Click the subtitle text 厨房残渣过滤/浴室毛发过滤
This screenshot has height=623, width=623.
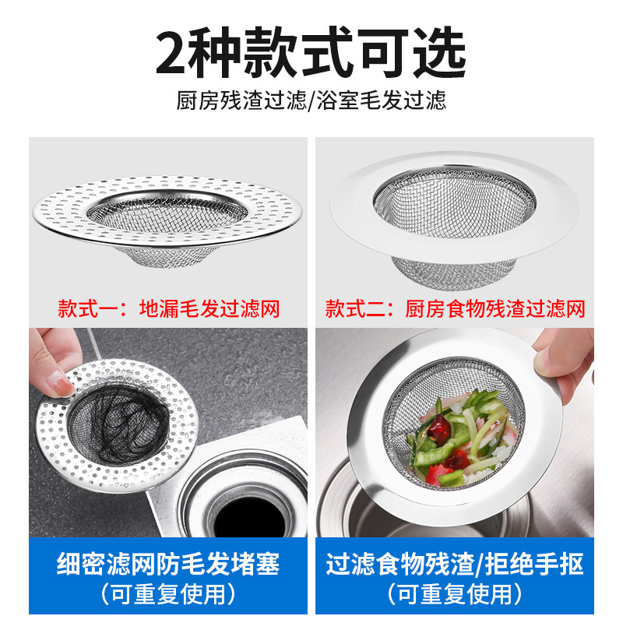tap(311, 100)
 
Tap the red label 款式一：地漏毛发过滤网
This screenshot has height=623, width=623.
tap(168, 308)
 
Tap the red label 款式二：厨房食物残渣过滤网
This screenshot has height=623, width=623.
tap(455, 308)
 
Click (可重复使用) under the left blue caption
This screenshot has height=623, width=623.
tap(168, 595)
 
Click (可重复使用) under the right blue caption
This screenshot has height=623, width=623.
tap(455, 595)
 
